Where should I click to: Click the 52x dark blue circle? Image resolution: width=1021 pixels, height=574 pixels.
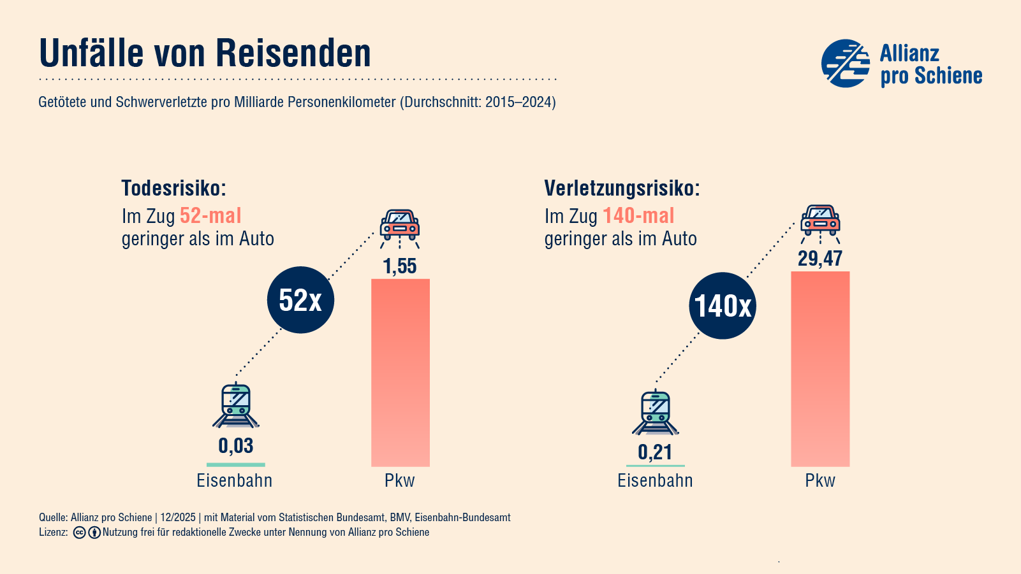(300, 299)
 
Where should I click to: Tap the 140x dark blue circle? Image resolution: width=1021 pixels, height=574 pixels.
(723, 306)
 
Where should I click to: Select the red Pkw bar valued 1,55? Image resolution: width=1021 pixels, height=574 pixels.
(400, 373)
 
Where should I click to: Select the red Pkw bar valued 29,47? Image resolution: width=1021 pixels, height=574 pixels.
(820, 369)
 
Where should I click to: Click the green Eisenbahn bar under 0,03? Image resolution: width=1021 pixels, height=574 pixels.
(235, 464)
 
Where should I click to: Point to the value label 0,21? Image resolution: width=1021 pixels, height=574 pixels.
(655, 452)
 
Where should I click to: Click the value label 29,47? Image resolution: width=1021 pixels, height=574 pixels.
(820, 258)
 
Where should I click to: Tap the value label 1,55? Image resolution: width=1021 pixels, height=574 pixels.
(400, 266)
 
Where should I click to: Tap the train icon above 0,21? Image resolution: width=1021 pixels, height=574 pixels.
(656, 412)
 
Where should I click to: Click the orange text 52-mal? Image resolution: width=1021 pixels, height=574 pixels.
(210, 216)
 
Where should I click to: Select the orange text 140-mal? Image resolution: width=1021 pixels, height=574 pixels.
(638, 216)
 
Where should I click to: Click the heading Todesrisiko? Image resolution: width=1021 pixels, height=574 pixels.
(174, 189)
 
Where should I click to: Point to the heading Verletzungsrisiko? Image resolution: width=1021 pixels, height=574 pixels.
(622, 189)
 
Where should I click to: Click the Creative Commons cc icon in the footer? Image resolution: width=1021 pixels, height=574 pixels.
(80, 533)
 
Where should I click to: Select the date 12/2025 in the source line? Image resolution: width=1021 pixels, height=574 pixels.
(178, 517)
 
